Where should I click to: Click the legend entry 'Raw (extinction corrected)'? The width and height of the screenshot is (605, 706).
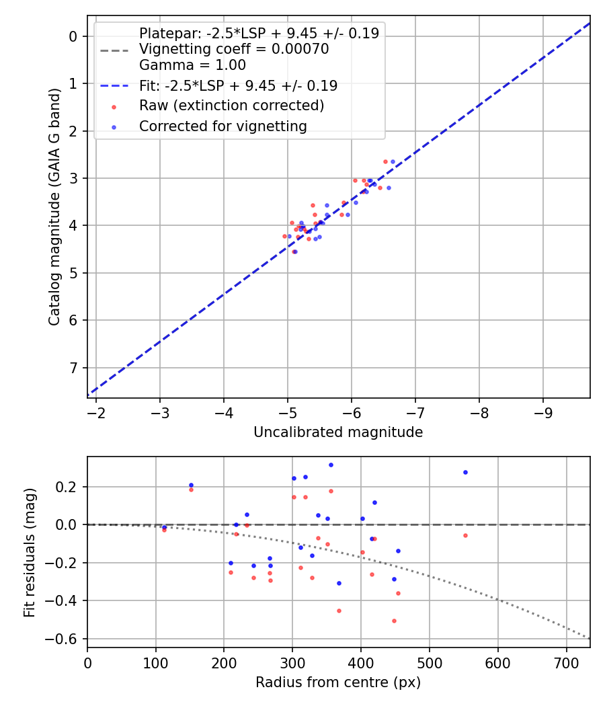pyautogui.click(x=231, y=106)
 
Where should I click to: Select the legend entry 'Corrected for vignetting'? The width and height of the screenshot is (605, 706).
pyautogui.click(x=223, y=126)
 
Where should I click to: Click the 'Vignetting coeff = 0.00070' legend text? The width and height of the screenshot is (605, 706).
pyautogui.click(x=234, y=49)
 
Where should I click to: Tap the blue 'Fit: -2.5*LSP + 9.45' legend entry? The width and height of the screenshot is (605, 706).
pyautogui.click(x=238, y=86)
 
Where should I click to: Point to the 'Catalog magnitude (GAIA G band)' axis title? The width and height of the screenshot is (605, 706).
pyautogui.click(x=54, y=207)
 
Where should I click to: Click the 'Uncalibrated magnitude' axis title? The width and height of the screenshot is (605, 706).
pyautogui.click(x=338, y=432)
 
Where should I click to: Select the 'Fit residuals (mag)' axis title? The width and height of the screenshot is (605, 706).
pyautogui.click(x=30, y=553)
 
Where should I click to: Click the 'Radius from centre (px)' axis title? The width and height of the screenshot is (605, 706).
pyautogui.click(x=338, y=682)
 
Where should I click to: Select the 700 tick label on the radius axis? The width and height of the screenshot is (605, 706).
pyautogui.click(x=566, y=662)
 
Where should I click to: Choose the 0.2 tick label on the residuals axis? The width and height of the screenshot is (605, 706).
pyautogui.click(x=69, y=487)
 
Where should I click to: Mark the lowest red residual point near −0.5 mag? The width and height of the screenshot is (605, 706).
pyautogui.click(x=394, y=621)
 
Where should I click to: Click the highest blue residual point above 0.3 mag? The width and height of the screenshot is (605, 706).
pyautogui.click(x=331, y=465)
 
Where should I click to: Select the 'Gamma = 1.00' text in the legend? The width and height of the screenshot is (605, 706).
pyautogui.click(x=192, y=66)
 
